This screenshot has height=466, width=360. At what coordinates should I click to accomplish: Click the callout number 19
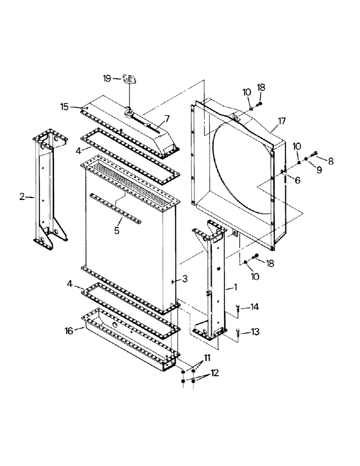click(x=106, y=79)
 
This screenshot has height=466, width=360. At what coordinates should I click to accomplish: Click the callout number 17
click(x=281, y=123)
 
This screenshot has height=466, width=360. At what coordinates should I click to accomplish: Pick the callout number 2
click(x=22, y=197)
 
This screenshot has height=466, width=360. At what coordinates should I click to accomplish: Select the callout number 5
click(x=117, y=230)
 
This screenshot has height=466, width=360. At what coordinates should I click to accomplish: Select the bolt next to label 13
click(x=239, y=332)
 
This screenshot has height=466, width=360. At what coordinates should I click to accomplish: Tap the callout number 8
click(x=331, y=161)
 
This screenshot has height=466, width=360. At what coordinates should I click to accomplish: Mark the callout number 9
click(x=319, y=171)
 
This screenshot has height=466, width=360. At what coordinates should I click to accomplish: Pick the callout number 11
click(x=207, y=357)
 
